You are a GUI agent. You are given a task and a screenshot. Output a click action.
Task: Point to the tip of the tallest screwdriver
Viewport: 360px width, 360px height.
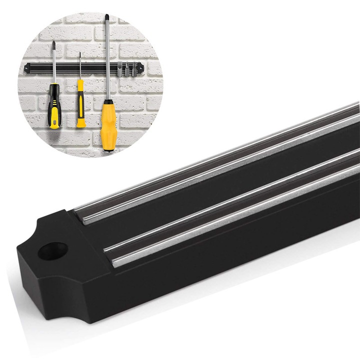(x=106, y=17)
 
